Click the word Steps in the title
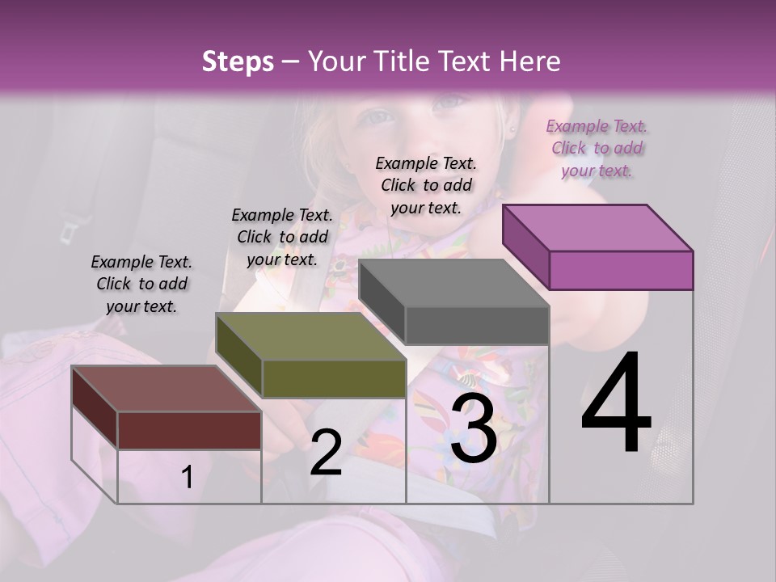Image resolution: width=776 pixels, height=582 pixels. click(x=238, y=61)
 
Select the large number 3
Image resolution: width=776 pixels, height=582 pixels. click(x=474, y=428)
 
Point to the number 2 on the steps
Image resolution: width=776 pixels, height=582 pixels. click(x=326, y=453)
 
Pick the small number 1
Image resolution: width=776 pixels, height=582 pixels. click(x=187, y=477)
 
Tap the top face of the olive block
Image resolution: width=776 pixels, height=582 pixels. click(x=311, y=336)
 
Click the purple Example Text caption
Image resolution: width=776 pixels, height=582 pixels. click(x=597, y=149)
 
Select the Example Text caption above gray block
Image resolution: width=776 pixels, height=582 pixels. click(x=426, y=185)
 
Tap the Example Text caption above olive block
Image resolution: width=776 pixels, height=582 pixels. click(x=282, y=237)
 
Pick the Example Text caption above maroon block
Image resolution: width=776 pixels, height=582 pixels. click(x=141, y=284)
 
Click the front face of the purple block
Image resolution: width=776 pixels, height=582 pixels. click(x=621, y=270)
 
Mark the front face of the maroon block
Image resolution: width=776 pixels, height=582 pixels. click(x=189, y=430)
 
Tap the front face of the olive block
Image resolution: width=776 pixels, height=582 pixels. click(x=334, y=378)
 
